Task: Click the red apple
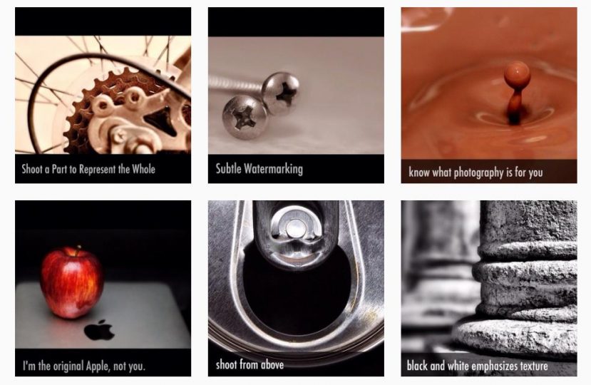(72, 283)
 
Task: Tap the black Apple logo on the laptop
(99, 330)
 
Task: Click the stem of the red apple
(78, 250)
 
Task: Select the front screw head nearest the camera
(245, 117)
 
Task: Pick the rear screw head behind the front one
(281, 93)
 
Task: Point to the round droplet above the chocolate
(517, 75)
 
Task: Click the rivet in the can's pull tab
(296, 227)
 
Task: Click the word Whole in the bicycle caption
(143, 169)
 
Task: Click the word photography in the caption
(478, 173)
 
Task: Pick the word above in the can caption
(272, 364)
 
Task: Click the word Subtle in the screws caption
(228, 168)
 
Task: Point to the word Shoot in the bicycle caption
(32, 169)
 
